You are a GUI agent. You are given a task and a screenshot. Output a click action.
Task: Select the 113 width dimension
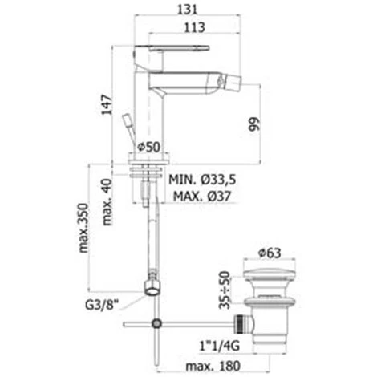[195, 27]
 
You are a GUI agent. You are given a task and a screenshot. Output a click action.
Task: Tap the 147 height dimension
[107, 105]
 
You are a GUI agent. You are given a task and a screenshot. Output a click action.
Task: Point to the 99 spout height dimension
[254, 124]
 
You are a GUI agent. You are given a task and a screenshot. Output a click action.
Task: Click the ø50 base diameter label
[148, 147]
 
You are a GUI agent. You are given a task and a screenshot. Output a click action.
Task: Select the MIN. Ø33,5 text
[202, 180]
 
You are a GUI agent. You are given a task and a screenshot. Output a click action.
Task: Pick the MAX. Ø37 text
[202, 197]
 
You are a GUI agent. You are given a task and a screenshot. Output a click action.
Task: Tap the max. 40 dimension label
[107, 202]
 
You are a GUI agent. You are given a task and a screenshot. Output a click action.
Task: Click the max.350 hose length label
[83, 228]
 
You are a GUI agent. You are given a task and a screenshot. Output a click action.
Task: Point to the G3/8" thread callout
[102, 305]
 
